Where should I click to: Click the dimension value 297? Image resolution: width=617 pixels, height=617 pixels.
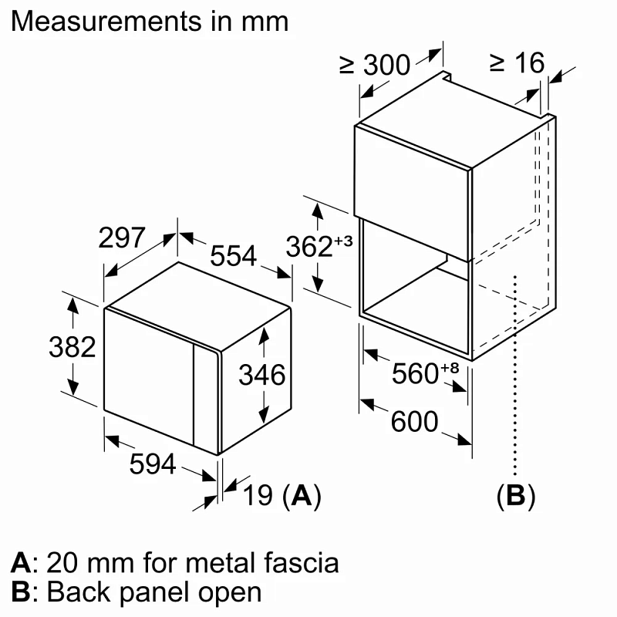tap(122, 238)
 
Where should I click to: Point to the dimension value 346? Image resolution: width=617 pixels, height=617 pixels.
tap(262, 376)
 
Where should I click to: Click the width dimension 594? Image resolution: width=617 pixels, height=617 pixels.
tap(152, 464)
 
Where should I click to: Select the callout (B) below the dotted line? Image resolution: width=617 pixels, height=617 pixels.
tap(515, 497)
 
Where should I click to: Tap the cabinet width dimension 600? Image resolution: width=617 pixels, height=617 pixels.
tap(414, 422)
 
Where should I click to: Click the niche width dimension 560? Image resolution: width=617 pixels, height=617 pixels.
tap(415, 374)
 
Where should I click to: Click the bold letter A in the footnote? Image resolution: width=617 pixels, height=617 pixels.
tap(19, 562)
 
